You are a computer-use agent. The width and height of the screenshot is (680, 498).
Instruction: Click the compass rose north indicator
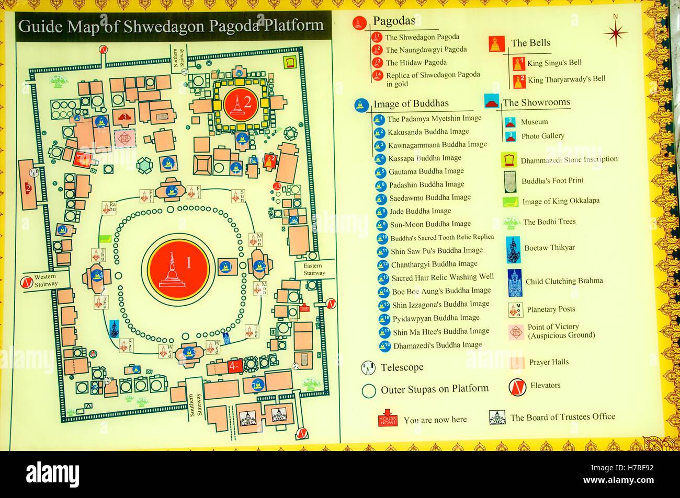click(615, 32)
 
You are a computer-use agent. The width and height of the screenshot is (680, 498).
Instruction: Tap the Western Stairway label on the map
click(46, 281)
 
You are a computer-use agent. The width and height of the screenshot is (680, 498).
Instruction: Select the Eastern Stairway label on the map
click(314, 270)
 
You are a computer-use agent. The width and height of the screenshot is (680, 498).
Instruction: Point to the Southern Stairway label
click(194, 404)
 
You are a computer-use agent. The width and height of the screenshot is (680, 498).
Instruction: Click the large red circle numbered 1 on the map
click(178, 266)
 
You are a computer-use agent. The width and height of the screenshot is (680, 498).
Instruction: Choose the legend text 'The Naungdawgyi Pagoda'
click(426, 50)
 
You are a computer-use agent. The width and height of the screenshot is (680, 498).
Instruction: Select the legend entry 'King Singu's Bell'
click(554, 63)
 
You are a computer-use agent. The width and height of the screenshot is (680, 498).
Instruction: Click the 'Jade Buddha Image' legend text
click(420, 211)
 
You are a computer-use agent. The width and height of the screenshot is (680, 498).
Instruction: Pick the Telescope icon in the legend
click(368, 368)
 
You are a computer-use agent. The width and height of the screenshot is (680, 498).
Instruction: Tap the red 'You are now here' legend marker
click(388, 420)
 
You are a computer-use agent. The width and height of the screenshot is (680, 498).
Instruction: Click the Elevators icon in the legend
click(516, 386)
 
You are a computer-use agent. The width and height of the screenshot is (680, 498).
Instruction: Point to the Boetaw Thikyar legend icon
click(513, 249)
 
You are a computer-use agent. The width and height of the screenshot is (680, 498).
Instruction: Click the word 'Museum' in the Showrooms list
click(534, 122)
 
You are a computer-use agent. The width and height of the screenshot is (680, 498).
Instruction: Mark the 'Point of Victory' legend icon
click(516, 331)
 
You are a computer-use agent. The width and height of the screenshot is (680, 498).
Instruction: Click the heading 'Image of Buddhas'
click(411, 103)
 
